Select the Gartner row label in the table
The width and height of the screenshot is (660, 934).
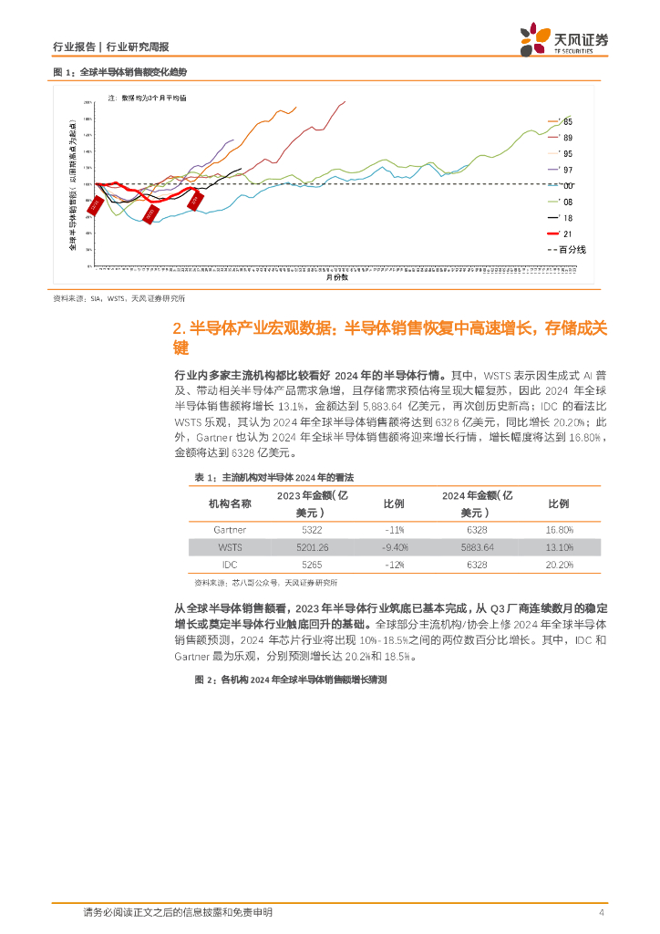point(230,529)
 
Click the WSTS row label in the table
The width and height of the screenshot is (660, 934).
point(230,547)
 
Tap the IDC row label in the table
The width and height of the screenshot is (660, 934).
point(230,565)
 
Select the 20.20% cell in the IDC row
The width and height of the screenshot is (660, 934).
point(559,565)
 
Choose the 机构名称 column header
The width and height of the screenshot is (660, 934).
point(230,503)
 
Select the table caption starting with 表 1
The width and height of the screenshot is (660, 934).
point(273,477)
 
